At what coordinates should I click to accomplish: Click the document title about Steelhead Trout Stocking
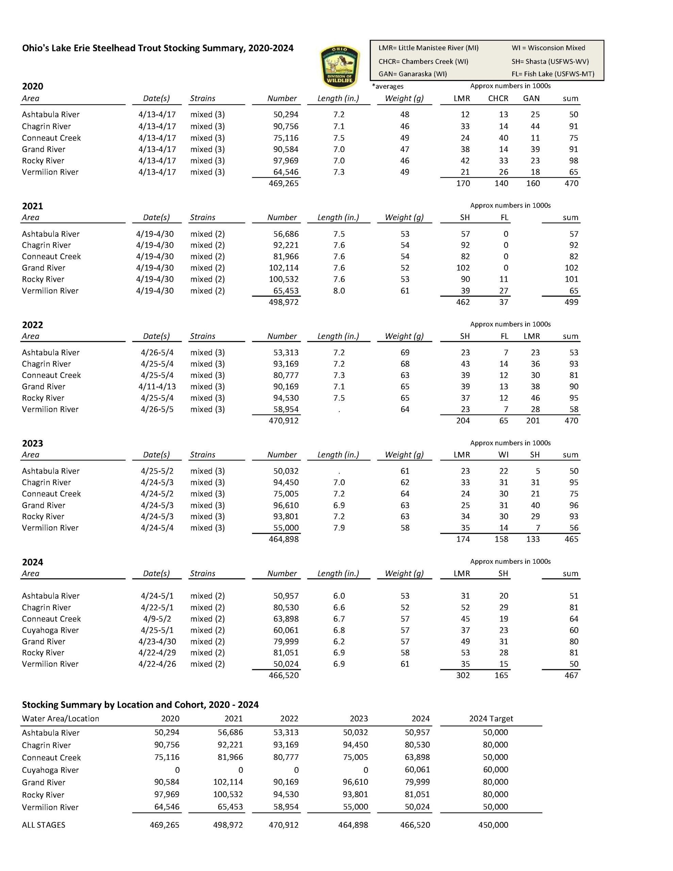[x=158, y=48]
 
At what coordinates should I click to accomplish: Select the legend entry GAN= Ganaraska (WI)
[x=412, y=74]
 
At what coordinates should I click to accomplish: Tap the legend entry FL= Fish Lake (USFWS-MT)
[x=553, y=74]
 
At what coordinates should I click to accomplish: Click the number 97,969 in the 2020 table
[x=286, y=161]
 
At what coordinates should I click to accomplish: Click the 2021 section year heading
[x=32, y=206]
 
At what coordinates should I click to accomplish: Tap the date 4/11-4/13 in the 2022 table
[x=157, y=387]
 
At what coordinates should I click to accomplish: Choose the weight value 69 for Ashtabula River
[x=405, y=352]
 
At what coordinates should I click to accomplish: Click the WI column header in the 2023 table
[x=503, y=455]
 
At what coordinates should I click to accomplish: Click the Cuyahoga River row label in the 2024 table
[x=50, y=630]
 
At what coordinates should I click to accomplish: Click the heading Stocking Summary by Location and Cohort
[x=140, y=705]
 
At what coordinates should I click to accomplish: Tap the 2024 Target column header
[x=491, y=719]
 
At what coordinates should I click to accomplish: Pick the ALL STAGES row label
[x=44, y=825]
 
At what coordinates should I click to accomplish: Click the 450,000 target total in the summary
[x=493, y=825]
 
